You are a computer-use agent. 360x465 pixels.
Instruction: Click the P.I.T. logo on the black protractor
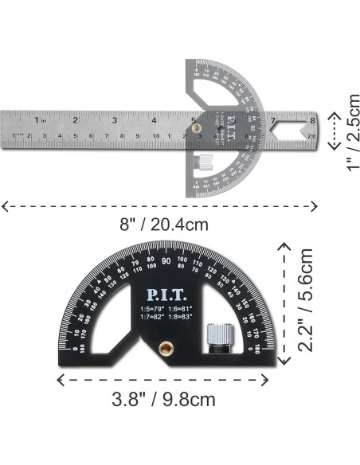click(x=166, y=289)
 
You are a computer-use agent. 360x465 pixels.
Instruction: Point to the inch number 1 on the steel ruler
click(x=37, y=121)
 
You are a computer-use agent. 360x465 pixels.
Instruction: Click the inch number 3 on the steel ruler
click(x=115, y=121)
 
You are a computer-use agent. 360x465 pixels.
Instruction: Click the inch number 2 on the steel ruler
click(x=76, y=121)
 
